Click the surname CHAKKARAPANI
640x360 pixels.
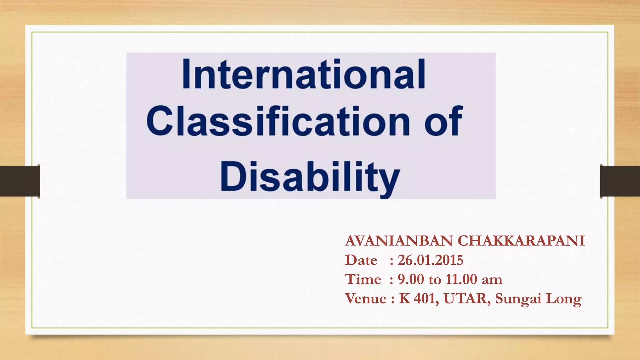[x=521, y=241]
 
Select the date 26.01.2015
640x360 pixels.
[x=430, y=260]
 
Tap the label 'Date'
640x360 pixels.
[x=361, y=260]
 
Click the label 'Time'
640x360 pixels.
[x=363, y=279]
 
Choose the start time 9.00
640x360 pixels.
[x=411, y=279]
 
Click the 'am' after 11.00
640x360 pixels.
[x=492, y=279]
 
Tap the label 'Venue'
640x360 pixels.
[x=366, y=298]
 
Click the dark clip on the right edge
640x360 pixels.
[x=620, y=181]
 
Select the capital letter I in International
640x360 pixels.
[x=186, y=74]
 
